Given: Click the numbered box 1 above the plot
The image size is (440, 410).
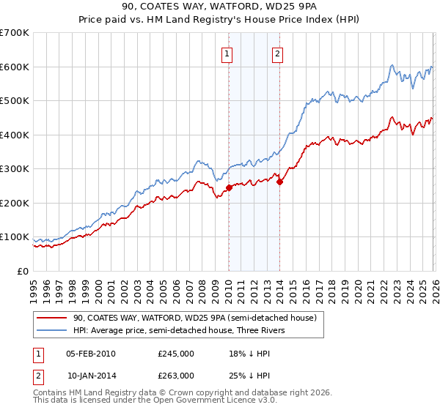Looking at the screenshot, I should [228, 53].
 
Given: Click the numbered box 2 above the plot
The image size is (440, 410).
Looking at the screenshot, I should [279, 53].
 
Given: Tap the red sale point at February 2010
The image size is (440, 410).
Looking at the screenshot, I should [229, 187].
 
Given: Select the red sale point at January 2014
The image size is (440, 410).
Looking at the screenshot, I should [279, 182].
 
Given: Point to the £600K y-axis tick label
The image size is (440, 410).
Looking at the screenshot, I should [15, 67].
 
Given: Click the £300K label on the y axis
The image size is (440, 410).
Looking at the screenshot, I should [15, 169].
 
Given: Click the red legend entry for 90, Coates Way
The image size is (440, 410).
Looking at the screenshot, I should [194, 318].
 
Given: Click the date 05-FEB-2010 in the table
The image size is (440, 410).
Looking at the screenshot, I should [90, 354].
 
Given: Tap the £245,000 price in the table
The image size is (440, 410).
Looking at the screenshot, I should [175, 354].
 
